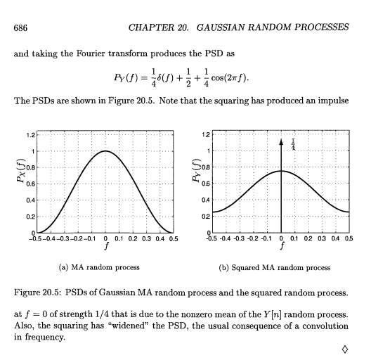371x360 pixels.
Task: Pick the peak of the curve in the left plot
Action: (x=105, y=150)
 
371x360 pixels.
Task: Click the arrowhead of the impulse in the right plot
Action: (x=281, y=141)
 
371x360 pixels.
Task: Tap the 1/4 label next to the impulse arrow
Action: (x=292, y=144)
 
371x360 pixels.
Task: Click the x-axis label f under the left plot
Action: (x=106, y=247)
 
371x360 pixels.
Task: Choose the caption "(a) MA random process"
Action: (x=105, y=268)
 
